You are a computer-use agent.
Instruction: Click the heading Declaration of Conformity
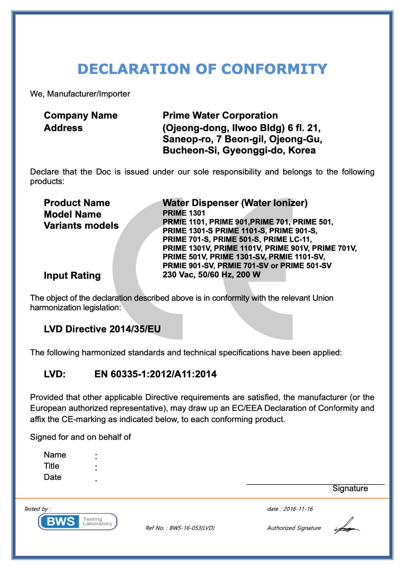click(202, 69)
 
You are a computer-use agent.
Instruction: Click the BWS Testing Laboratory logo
click(77, 521)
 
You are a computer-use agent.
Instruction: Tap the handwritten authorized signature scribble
click(346, 526)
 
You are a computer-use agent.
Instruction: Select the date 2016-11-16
click(298, 509)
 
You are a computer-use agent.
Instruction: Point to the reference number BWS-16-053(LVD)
click(192, 528)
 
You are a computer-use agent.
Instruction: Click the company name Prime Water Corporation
click(220, 116)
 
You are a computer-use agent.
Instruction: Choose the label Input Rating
click(72, 275)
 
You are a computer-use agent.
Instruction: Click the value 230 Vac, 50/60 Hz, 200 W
click(211, 274)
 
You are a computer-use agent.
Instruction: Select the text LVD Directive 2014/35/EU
click(102, 329)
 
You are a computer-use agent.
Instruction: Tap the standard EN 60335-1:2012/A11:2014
click(155, 374)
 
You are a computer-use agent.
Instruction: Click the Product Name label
click(77, 203)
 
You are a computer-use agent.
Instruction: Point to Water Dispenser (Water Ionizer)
click(235, 203)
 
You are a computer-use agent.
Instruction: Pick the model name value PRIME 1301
click(184, 213)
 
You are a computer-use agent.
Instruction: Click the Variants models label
click(81, 226)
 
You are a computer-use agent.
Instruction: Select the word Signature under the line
click(350, 489)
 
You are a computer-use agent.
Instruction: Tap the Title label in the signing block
click(52, 466)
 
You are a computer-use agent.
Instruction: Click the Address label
click(63, 128)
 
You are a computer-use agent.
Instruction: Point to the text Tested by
click(37, 509)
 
